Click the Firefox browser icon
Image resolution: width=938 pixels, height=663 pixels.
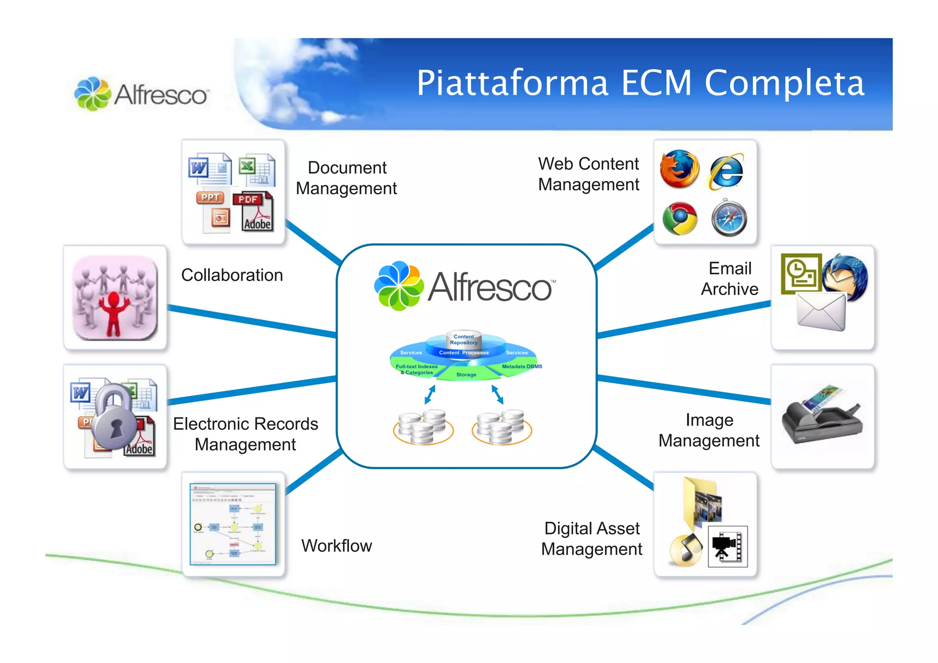[x=679, y=169]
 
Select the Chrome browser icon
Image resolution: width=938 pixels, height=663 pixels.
[x=680, y=219]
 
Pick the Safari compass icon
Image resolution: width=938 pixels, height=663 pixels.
[x=729, y=219]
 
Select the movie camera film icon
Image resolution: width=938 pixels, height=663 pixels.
[x=727, y=546]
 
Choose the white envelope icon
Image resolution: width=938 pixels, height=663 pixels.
[x=821, y=312]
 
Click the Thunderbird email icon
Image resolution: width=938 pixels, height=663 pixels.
[x=845, y=276]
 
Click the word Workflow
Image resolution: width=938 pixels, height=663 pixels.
[x=337, y=546]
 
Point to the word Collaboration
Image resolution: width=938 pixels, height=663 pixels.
[x=232, y=275]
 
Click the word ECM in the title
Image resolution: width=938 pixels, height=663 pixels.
[x=656, y=83]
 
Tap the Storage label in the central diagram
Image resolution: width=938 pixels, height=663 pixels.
[x=466, y=374]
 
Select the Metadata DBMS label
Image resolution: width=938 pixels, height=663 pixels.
[x=522, y=366]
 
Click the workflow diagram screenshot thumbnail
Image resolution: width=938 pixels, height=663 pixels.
[x=233, y=524]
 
